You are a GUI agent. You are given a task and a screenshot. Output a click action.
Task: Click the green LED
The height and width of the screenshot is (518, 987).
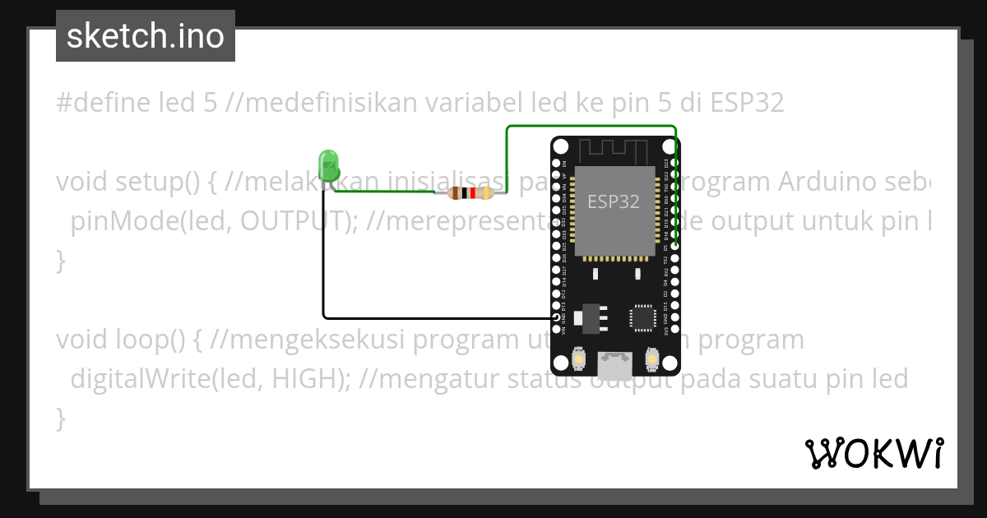[x=329, y=164]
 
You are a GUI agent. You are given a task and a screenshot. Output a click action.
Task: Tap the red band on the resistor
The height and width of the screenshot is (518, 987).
[x=473, y=194]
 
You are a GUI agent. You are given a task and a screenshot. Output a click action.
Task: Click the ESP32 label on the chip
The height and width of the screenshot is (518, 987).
[x=614, y=201]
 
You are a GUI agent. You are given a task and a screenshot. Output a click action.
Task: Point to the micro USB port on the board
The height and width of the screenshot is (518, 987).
[x=615, y=361]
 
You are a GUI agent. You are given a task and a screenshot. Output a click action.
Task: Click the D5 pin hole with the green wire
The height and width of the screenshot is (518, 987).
[x=674, y=246]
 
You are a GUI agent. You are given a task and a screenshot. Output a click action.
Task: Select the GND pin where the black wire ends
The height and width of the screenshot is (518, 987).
[x=557, y=317]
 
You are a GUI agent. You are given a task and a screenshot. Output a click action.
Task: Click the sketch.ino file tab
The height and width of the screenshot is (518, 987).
[x=146, y=36]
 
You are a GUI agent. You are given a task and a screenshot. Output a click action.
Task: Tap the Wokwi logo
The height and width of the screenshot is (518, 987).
[x=873, y=453]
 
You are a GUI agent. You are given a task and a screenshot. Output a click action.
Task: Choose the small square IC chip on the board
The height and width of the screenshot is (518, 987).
[x=642, y=317]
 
